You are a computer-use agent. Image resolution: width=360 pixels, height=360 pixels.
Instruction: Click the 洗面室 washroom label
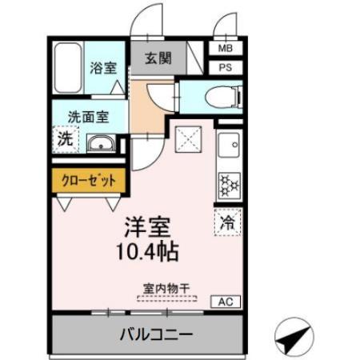click(89, 115)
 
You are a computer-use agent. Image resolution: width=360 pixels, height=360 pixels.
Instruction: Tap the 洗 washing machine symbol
click(65, 138)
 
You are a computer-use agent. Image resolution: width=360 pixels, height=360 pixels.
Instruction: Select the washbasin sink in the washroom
click(100, 144)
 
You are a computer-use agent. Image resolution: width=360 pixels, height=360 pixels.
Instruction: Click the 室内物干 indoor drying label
click(166, 288)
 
